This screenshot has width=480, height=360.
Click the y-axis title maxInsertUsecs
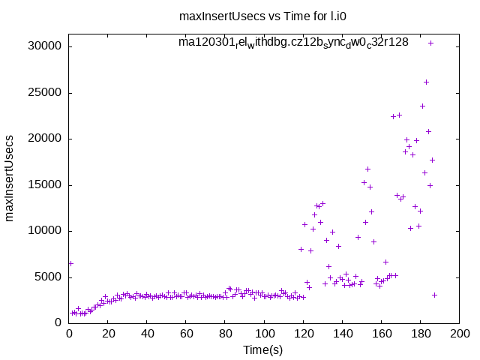(x=10, y=178)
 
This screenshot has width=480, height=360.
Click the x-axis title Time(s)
(x=262, y=349)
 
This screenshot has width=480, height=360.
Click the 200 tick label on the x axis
(x=459, y=334)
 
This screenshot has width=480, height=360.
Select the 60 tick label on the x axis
(x=186, y=334)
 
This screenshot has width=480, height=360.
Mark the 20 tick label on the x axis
(x=108, y=334)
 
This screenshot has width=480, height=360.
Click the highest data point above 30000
(x=430, y=43)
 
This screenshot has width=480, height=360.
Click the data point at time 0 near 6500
(x=70, y=263)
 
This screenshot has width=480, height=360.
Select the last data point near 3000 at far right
(x=434, y=295)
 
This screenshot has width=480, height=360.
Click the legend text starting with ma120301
(x=293, y=42)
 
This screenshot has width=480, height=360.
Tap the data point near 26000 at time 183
(x=426, y=82)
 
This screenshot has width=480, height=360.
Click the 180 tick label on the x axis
(x=420, y=334)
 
